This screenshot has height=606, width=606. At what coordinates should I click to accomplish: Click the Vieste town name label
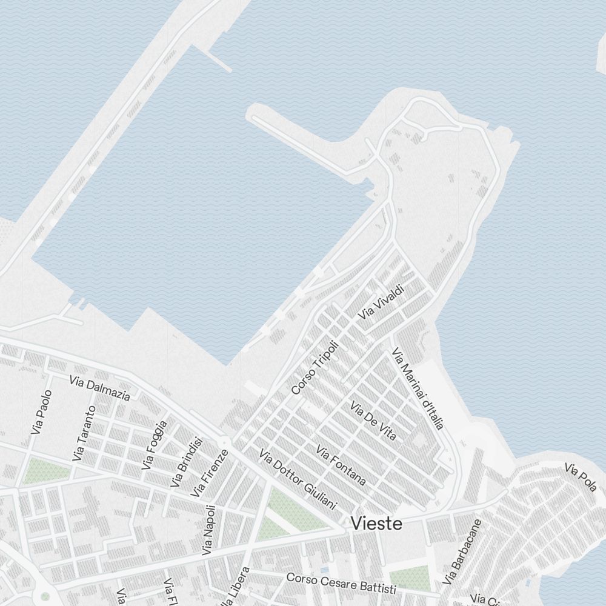click(376, 523)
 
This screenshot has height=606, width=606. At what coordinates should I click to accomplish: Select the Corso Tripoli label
click(315, 367)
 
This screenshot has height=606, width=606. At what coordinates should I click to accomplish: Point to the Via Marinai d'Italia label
click(418, 388)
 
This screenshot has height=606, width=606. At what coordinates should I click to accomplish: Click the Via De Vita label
click(373, 420)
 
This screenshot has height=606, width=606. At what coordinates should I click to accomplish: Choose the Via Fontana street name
click(341, 465)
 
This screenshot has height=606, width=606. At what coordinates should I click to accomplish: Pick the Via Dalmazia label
click(99, 388)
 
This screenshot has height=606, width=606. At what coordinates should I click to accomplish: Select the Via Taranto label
click(84, 433)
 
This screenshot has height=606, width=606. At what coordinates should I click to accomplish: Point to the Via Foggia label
click(154, 445)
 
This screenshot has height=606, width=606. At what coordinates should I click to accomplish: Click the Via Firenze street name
click(210, 473)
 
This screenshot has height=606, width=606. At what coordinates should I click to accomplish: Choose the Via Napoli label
click(208, 530)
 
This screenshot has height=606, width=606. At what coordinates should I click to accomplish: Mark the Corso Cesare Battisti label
click(341, 584)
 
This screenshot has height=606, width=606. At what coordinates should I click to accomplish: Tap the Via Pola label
click(581, 477)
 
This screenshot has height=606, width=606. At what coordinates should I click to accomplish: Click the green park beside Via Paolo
click(39, 471)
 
